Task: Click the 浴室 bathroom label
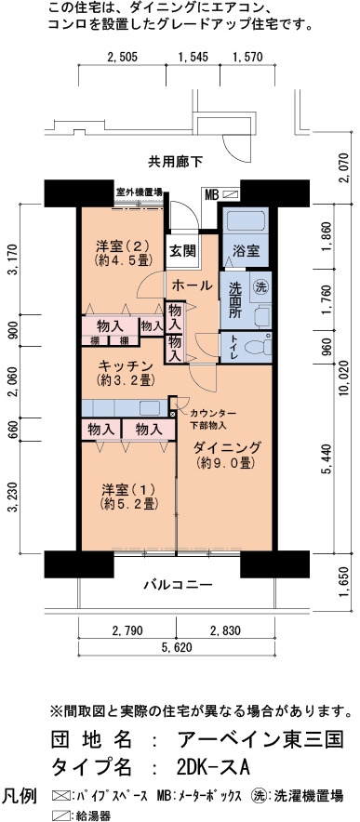point(246,250)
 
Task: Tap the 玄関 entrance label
point(182,250)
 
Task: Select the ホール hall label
point(192,285)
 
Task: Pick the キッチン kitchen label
point(126,366)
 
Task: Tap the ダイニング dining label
point(227,447)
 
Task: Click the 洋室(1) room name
point(130,489)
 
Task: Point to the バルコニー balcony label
point(179,584)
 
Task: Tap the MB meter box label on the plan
point(211,195)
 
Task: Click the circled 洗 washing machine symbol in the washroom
point(260,286)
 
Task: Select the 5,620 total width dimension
point(177,648)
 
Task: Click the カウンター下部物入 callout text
point(210,417)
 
